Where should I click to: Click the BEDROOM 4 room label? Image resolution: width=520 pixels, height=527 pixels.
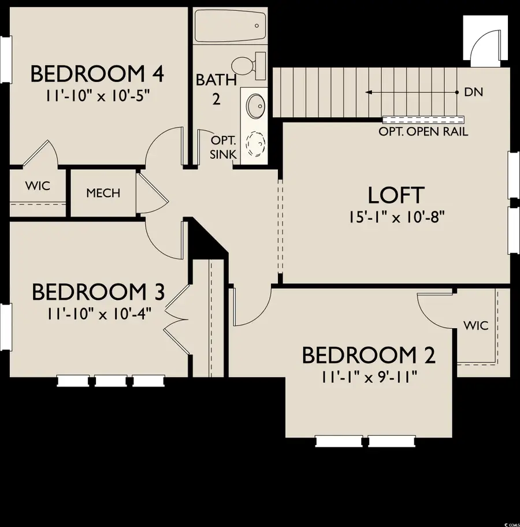click(97, 74)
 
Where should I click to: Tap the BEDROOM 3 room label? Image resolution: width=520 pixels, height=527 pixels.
click(98, 292)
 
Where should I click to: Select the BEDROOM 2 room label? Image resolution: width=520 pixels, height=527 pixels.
click(368, 355)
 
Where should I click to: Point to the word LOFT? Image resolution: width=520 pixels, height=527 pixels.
click(396, 195)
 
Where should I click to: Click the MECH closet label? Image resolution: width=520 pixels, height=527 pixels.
click(103, 192)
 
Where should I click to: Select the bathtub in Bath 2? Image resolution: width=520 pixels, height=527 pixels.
click(230, 26)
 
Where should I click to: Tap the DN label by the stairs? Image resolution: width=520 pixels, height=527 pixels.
click(473, 92)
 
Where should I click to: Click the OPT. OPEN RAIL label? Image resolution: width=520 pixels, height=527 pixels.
click(424, 132)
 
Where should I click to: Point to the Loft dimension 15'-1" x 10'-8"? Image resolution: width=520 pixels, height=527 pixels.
click(396, 217)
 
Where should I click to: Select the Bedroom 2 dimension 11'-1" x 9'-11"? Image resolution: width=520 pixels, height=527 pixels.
click(369, 376)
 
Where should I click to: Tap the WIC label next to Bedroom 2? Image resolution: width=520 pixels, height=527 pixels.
click(476, 326)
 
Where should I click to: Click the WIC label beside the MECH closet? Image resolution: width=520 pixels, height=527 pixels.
click(38, 186)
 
